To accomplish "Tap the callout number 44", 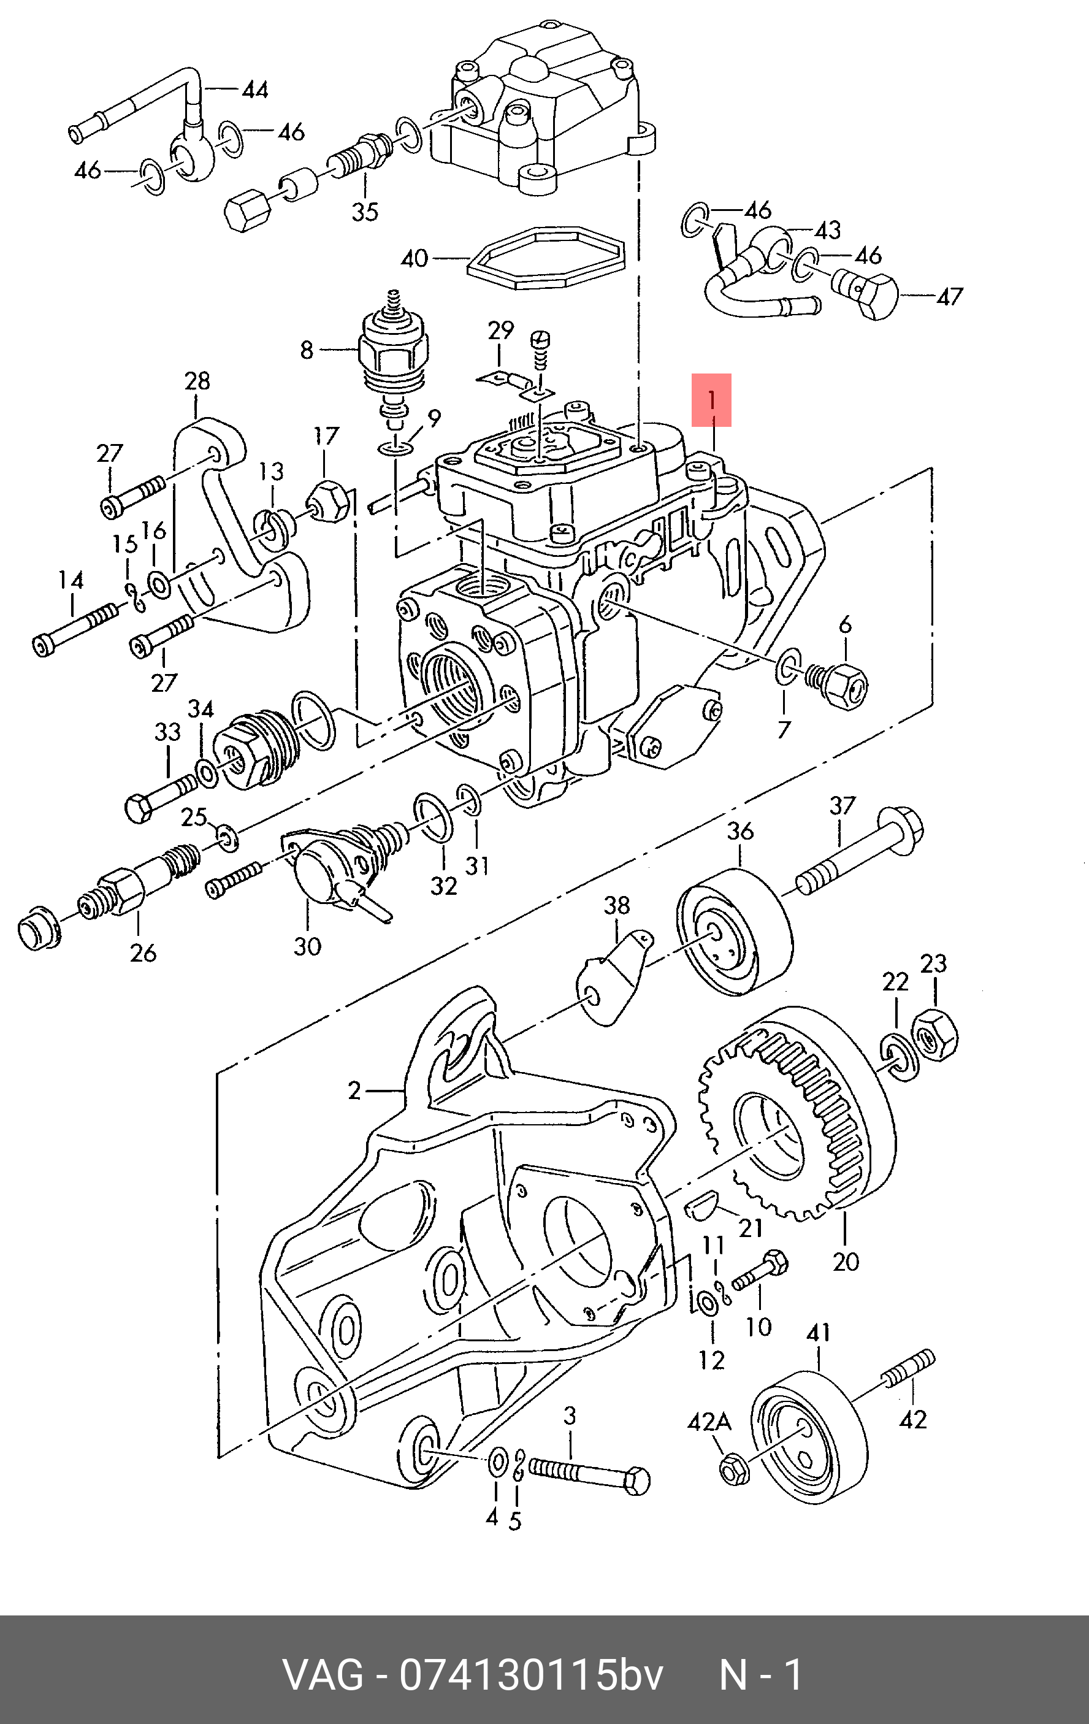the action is coord(255,90).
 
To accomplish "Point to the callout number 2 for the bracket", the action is coord(354,1091).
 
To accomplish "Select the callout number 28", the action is coord(197,381).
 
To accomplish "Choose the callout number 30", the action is coord(307,946).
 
